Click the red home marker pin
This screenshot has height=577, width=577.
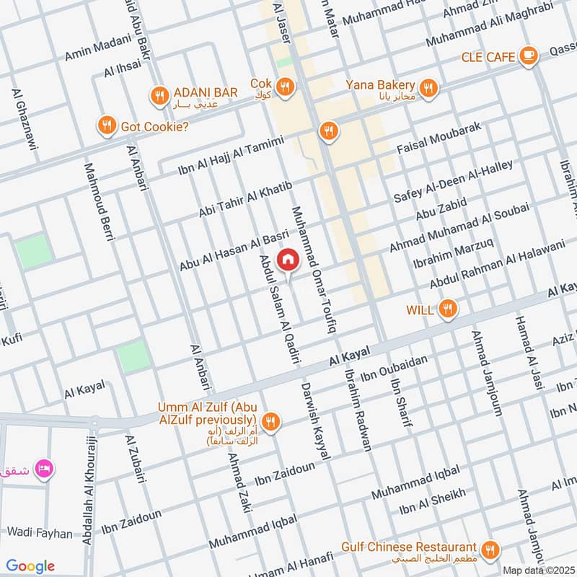288,259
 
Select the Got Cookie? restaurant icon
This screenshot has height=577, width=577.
107,126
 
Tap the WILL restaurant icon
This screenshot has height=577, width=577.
448,310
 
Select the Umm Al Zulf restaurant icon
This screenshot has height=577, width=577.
270,420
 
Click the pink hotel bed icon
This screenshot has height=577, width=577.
44,468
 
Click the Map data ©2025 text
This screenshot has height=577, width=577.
538,569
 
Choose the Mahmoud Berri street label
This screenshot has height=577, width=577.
100,198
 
